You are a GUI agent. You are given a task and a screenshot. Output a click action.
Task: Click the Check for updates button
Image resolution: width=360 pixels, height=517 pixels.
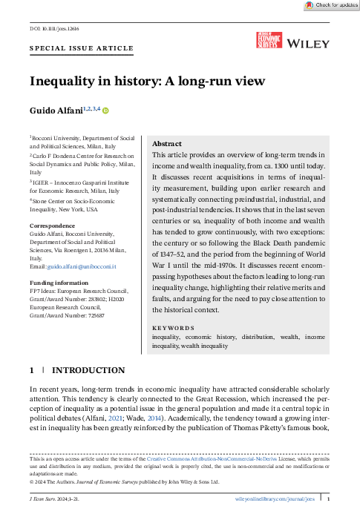[331, 5]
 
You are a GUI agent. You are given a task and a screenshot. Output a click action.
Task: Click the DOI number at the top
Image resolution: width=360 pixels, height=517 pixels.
[47, 29]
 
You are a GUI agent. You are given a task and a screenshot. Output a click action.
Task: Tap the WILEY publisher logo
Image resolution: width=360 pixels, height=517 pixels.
[310, 45]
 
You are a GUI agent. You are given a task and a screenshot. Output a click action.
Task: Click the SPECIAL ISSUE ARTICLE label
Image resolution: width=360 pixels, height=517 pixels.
[82, 48]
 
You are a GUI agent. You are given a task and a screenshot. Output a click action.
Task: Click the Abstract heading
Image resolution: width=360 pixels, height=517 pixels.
[167, 144]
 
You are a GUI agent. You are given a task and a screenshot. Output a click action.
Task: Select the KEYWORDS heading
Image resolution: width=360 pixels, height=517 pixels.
[173, 328]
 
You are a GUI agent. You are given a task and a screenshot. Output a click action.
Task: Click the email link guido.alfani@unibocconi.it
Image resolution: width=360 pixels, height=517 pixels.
[82, 266]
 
